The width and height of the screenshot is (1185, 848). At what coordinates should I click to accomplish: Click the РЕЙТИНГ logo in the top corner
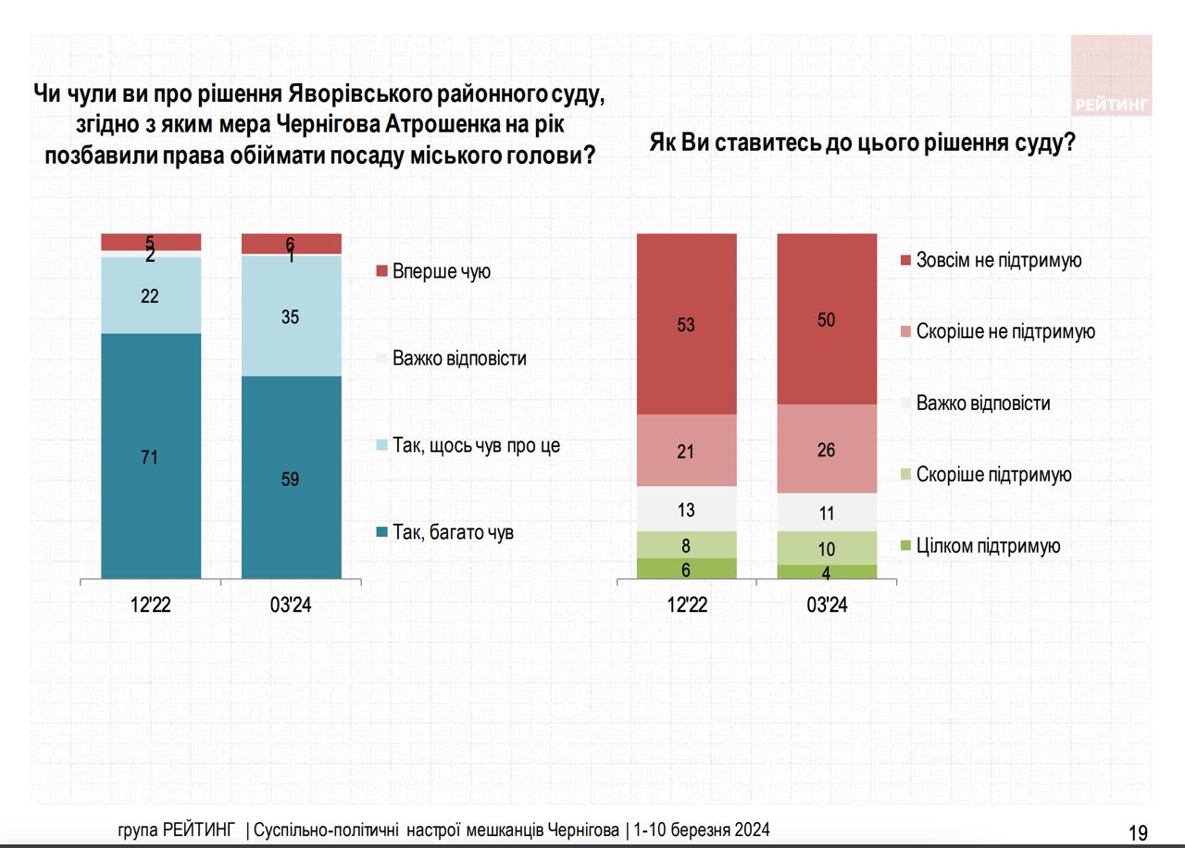point(1111,76)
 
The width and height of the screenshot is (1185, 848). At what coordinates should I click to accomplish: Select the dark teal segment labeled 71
point(151,455)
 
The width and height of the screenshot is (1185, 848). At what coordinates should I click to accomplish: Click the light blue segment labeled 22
point(151,295)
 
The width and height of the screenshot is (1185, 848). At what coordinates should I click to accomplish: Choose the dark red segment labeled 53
point(686,324)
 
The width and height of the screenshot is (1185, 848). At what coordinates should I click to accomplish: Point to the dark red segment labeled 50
point(827,318)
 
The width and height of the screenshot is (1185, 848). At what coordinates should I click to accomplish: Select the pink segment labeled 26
point(827,449)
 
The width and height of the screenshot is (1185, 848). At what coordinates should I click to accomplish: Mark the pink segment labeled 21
point(686,451)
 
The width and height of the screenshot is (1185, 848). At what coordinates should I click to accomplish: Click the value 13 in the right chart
point(686,510)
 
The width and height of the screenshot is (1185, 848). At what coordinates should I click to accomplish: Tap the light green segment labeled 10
point(827,548)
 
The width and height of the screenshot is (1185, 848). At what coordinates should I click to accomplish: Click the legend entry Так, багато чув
point(444,532)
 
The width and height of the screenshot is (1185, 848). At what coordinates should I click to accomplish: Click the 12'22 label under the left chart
point(151,607)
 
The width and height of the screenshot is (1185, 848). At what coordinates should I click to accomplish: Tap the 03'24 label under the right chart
point(827,607)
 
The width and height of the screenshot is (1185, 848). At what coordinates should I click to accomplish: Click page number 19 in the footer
point(1138,832)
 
